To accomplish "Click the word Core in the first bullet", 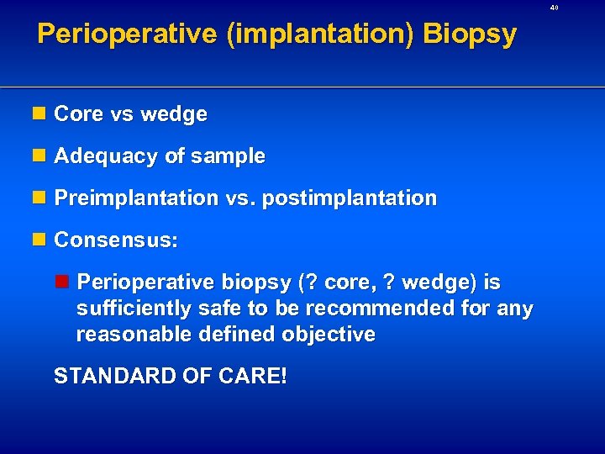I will click(x=77, y=114).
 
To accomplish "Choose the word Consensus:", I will click(x=116, y=240).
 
